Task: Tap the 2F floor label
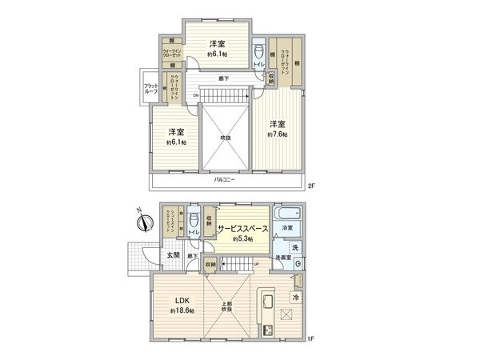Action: pyautogui.click(x=312, y=187)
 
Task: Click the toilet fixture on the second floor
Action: pyautogui.click(x=258, y=50)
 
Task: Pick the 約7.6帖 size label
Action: pyautogui.click(x=278, y=135)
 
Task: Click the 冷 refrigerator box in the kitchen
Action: pyautogui.click(x=294, y=298)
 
